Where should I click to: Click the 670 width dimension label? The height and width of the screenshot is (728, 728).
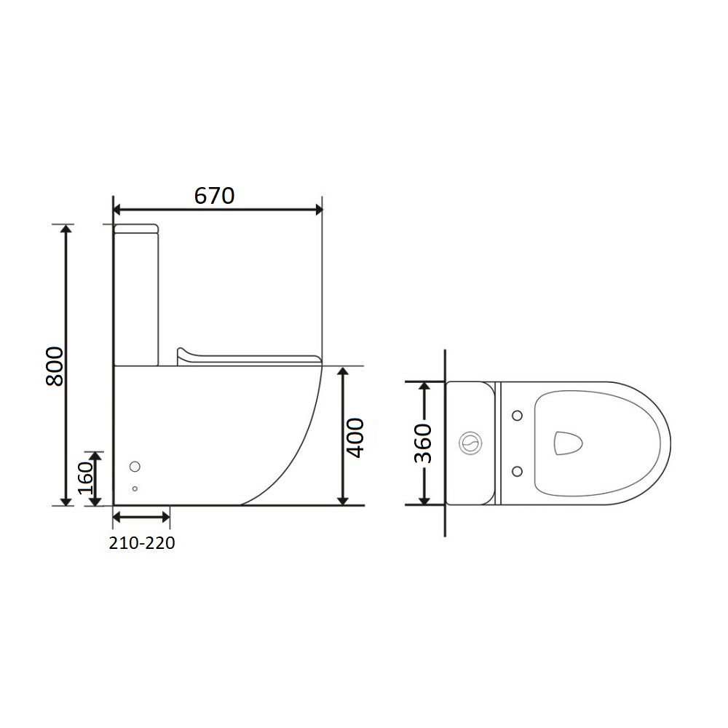(x=214, y=195)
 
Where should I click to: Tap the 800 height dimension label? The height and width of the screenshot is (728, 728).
(x=55, y=366)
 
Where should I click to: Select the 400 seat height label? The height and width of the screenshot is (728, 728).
(x=356, y=438)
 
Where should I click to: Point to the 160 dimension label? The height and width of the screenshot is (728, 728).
(x=85, y=478)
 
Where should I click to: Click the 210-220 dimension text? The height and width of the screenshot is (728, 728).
(x=142, y=543)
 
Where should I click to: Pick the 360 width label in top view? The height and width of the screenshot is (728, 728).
(x=422, y=443)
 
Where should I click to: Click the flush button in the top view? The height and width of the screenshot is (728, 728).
(x=471, y=443)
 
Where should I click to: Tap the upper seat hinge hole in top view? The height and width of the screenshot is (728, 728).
(x=517, y=415)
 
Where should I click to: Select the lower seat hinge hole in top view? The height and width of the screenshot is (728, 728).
(x=517, y=472)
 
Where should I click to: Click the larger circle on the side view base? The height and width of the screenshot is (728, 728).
(x=135, y=466)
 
